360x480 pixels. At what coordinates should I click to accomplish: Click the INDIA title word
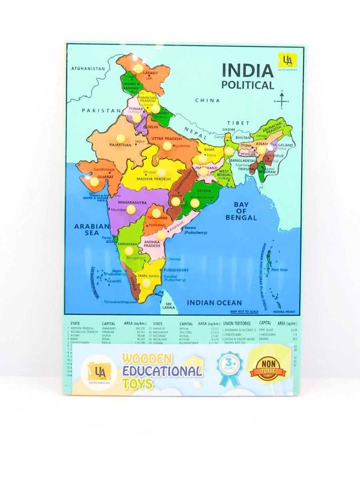(248, 70)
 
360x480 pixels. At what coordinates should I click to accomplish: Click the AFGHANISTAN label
(88, 68)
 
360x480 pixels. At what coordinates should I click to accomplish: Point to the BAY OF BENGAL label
(241, 211)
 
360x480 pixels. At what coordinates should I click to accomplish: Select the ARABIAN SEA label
(92, 229)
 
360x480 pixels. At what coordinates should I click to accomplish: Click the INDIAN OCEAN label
(214, 303)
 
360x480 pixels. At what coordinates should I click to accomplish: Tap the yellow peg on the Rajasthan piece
(120, 138)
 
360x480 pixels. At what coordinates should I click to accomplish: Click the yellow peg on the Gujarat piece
(94, 182)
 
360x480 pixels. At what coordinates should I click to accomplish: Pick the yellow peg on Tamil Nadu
(146, 283)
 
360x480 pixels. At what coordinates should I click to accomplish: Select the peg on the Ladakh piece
(138, 69)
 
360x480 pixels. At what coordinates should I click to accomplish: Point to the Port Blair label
(279, 270)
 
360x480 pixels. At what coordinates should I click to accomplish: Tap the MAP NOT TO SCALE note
(244, 312)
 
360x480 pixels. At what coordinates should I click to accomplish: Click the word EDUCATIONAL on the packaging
(162, 371)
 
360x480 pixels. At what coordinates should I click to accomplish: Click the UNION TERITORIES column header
(237, 323)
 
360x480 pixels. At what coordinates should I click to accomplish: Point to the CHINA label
(207, 100)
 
